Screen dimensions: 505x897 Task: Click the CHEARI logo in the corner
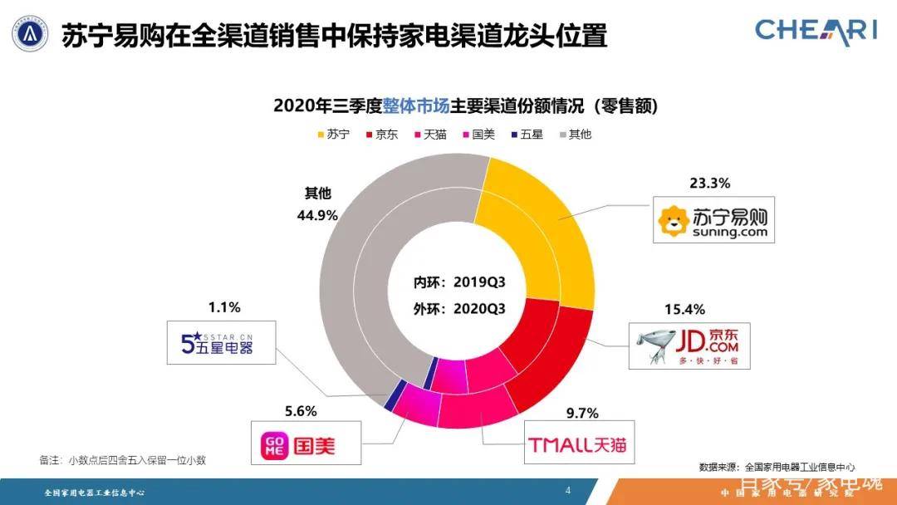[x=816, y=30]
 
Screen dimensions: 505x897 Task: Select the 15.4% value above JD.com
[x=684, y=310]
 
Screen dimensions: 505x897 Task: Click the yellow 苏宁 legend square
[x=321, y=134]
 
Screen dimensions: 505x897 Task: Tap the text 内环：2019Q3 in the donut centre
[x=471, y=282]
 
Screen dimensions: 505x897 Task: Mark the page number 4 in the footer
[x=568, y=490]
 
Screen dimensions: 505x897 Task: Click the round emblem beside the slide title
[x=29, y=34]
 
